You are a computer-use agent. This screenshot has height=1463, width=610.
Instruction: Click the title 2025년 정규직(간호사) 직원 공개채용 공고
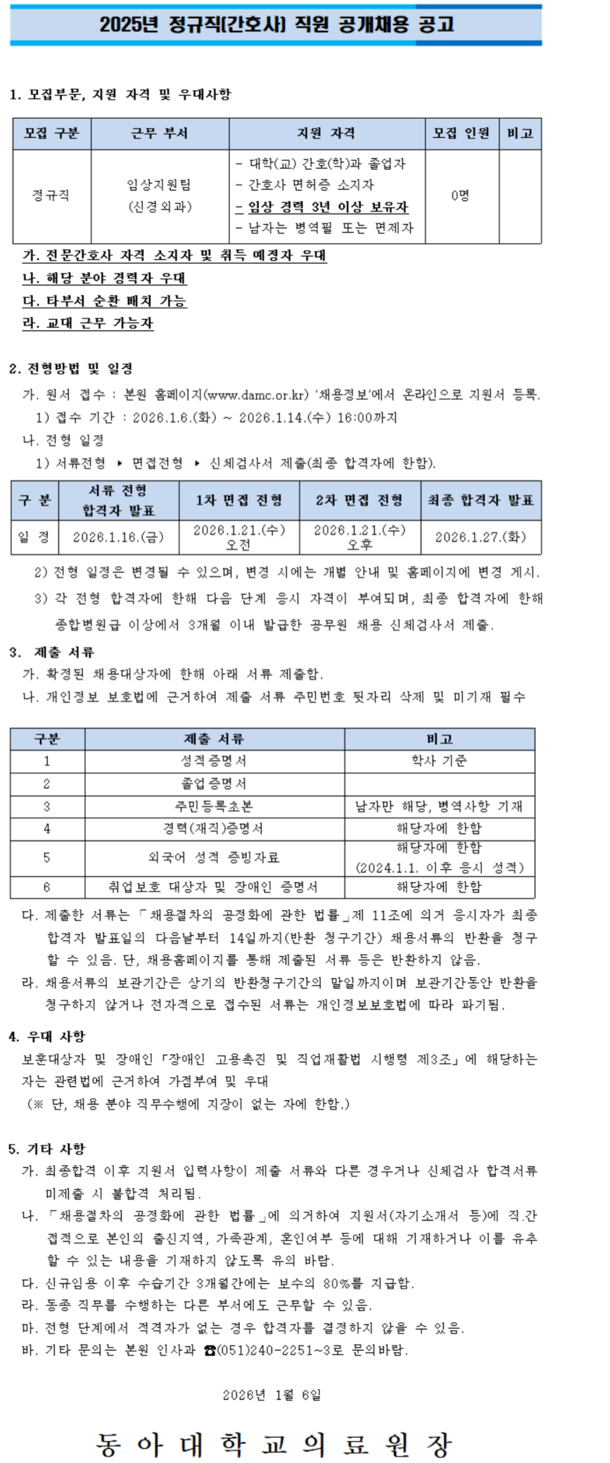pyautogui.click(x=277, y=25)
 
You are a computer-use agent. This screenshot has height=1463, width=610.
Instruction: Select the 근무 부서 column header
pyautogui.click(x=160, y=134)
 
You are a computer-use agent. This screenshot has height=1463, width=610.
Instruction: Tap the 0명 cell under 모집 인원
pyautogui.click(x=461, y=195)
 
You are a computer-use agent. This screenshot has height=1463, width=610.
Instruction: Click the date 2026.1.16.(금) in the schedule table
pyautogui.click(x=118, y=537)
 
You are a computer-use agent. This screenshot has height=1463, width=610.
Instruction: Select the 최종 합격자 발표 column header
pyautogui.click(x=481, y=500)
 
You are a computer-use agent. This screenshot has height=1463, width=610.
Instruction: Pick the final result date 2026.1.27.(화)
pyautogui.click(x=481, y=537)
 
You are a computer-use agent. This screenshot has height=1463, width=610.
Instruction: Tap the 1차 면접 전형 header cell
pyautogui.click(x=239, y=500)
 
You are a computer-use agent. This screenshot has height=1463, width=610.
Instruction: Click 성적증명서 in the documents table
pyautogui.click(x=214, y=761)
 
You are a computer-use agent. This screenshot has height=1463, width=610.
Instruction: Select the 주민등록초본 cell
pyautogui.click(x=214, y=806)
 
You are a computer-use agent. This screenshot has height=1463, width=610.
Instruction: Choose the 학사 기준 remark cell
pyautogui.click(x=439, y=761)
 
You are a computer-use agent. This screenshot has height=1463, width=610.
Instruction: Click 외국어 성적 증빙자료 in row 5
pyautogui.click(x=214, y=857)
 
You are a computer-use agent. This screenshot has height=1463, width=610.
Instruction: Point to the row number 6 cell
pyautogui.click(x=47, y=887)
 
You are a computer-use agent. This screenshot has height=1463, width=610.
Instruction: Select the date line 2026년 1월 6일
pyautogui.click(x=272, y=1395)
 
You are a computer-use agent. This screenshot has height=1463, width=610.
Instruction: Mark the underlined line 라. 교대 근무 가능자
pyautogui.click(x=88, y=323)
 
